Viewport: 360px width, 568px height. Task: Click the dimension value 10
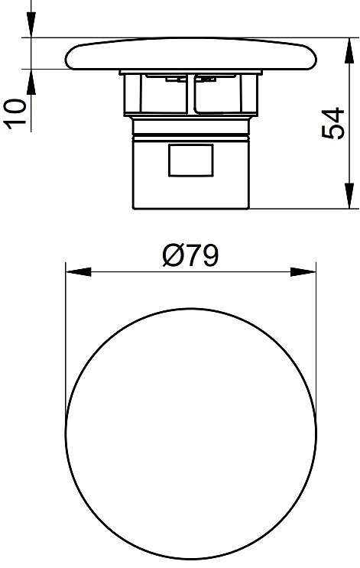pyautogui.click(x=15, y=113)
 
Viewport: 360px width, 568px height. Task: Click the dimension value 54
pyautogui.click(x=332, y=123)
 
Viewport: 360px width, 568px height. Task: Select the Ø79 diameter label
pyautogui.click(x=190, y=255)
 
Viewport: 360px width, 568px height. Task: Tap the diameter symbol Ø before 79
pyautogui.click(x=173, y=255)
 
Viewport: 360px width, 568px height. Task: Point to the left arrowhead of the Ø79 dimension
pyautogui.click(x=78, y=272)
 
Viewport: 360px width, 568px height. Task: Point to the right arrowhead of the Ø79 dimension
pyautogui.click(x=303, y=272)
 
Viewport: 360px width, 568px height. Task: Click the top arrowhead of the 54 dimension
pyautogui.click(x=349, y=50)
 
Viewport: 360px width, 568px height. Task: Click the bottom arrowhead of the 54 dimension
pyautogui.click(x=349, y=196)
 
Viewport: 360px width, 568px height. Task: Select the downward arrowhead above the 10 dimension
pyautogui.click(x=31, y=24)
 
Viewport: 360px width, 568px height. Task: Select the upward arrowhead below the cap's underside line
pyautogui.click(x=31, y=83)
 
